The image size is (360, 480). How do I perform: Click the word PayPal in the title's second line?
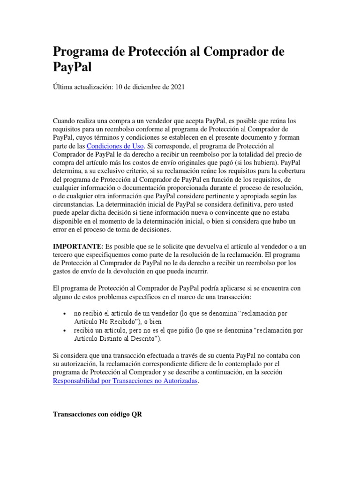click(x=72, y=67)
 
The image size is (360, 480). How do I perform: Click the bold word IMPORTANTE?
click(x=77, y=246)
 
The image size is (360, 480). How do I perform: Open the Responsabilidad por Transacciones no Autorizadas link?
click(x=126, y=381)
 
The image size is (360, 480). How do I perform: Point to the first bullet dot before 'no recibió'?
click(x=64, y=313)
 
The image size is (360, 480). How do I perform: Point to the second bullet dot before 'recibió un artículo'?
click(x=64, y=330)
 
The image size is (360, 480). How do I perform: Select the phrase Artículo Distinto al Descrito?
click(x=117, y=338)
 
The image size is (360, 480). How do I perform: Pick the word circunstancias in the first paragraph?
click(x=73, y=205)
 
